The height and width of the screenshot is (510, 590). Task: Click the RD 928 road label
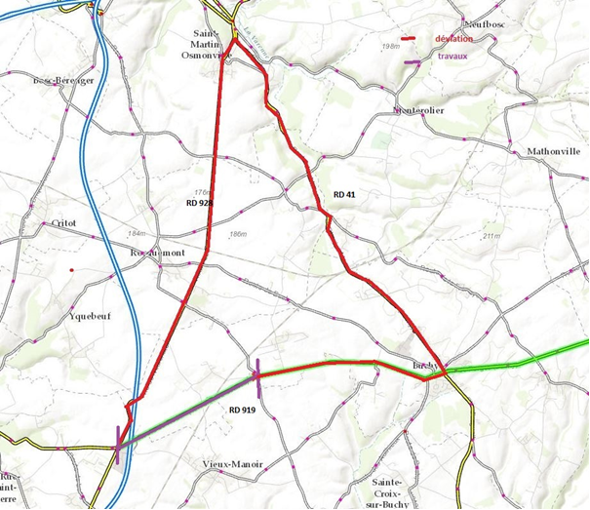[199, 203]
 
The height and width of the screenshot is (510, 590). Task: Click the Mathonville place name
[554, 152]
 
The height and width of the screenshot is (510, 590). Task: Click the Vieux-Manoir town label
[232, 464]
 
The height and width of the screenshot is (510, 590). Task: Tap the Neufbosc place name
[489, 22]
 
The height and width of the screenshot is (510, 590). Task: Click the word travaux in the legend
[452, 58]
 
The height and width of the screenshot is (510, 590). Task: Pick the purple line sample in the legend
[413, 61]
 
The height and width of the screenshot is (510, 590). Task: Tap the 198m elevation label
[393, 46]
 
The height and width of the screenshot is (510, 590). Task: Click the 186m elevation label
[237, 235]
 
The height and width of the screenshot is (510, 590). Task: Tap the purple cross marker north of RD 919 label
[256, 372]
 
